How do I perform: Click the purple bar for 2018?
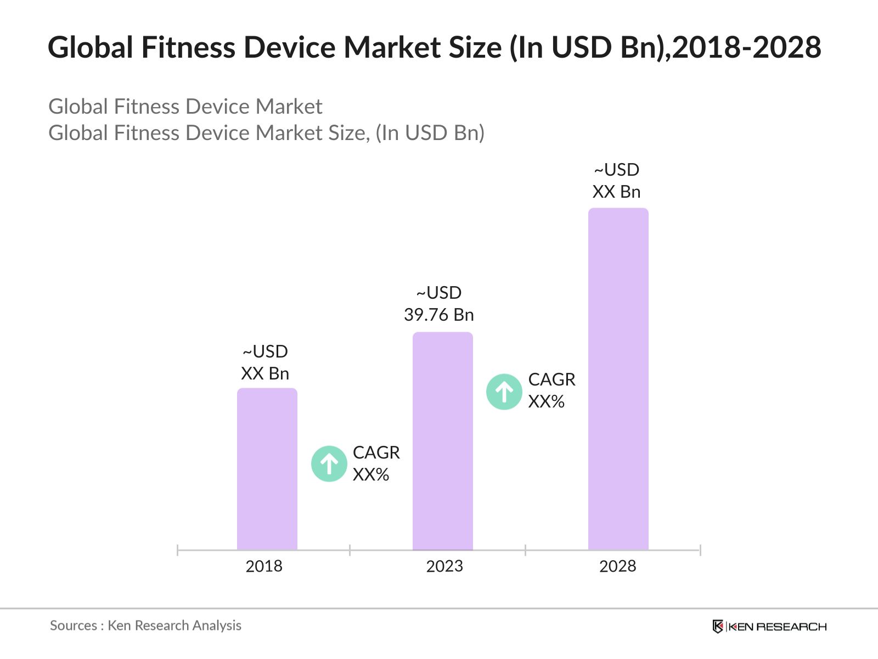pos(267,470)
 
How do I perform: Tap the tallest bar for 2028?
pos(618,379)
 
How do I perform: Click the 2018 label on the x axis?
pos(264,566)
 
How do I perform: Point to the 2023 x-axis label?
pos(444,566)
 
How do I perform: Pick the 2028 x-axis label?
pos(617,566)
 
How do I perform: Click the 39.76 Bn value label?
pos(439,315)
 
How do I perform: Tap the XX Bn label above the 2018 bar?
pos(265,373)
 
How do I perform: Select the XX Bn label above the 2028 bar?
pos(616,192)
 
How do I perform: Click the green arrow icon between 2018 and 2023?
pos(329,464)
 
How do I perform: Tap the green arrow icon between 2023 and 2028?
pos(504,392)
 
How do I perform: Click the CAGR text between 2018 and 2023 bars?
pos(376,453)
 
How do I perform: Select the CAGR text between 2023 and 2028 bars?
pos(551,379)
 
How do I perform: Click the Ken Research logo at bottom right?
pos(769,627)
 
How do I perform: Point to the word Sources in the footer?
pos(74,626)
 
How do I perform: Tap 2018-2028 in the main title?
pos(747,47)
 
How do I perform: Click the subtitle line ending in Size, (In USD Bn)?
pos(266,133)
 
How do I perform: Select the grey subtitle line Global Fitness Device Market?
pos(185,107)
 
